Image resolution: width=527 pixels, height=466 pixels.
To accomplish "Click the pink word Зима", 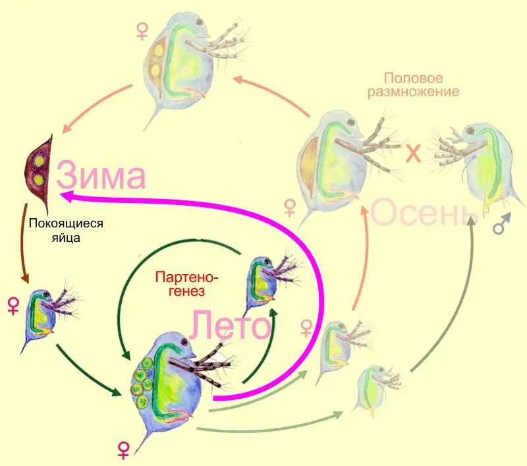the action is point(101,175).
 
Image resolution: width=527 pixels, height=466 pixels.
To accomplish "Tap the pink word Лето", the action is point(231,324).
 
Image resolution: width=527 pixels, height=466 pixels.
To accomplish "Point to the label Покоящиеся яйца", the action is point(66,230).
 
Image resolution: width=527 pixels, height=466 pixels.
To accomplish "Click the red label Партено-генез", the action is point(187,284).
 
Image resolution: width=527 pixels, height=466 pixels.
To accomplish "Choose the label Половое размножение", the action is point(414,85).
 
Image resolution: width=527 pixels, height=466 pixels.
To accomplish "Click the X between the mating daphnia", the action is point(414,154).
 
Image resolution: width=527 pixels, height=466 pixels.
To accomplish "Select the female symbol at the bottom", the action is point(124,450).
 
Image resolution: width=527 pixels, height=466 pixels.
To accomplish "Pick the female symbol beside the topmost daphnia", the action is point(142,31).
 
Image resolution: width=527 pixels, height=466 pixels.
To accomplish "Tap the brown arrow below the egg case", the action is point(24,243).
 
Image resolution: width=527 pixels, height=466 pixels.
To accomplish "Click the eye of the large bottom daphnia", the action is point(184,342).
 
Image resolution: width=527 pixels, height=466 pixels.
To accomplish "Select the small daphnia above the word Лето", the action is point(269,282).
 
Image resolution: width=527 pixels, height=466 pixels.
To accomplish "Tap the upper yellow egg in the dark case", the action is point(40,161).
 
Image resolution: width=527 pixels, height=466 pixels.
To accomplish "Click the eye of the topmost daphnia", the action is point(200,22).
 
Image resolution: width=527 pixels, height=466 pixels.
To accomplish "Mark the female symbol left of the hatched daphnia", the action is point(13,306).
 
